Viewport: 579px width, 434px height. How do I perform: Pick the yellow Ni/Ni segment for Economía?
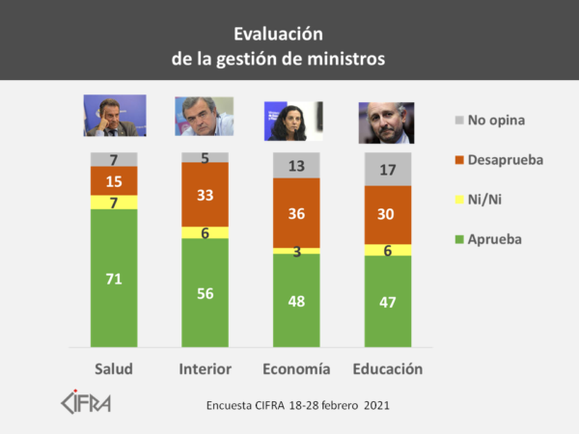click(x=297, y=251)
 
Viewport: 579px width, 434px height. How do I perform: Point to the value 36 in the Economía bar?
click(x=297, y=214)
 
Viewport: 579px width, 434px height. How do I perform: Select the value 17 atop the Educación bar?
click(x=387, y=170)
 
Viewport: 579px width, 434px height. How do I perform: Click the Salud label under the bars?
click(x=114, y=369)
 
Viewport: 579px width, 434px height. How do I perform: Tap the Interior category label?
click(x=205, y=369)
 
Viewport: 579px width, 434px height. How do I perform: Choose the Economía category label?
click(x=296, y=369)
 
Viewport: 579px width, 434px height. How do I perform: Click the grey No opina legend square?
click(x=458, y=121)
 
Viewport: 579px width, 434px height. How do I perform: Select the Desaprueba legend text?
click(x=508, y=160)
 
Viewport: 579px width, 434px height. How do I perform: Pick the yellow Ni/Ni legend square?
click(x=458, y=200)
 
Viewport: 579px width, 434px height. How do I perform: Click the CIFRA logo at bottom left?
click(x=85, y=401)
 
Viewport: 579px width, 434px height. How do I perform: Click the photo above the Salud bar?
click(x=114, y=116)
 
